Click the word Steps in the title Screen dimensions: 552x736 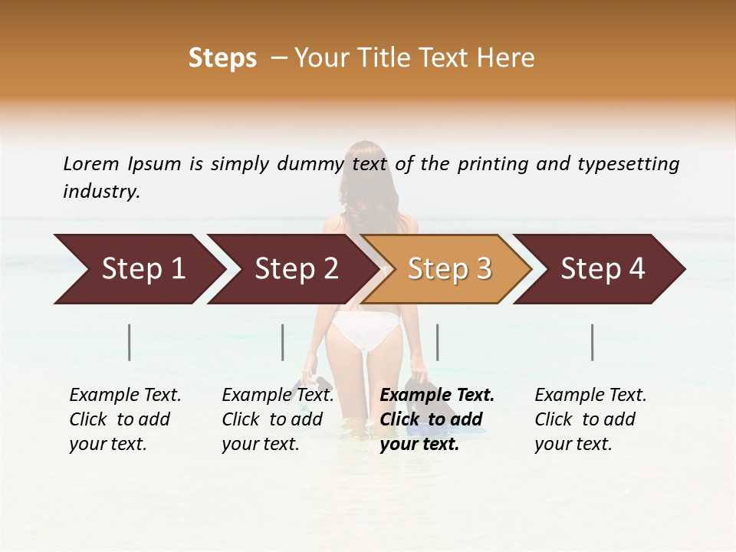point(222,58)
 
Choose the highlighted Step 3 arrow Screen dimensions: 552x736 point(449,269)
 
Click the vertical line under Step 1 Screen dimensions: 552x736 point(130,342)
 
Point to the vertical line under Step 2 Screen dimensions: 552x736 point(283,342)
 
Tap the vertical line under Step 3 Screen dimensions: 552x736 point(437,342)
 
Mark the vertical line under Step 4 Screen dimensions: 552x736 point(593,342)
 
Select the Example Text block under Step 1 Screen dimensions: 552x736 point(125,419)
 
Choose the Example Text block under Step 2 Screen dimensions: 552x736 point(278,419)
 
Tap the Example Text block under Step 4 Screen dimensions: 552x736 point(590,419)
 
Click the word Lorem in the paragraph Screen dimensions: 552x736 point(90,164)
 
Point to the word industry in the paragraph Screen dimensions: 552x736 point(101,192)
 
